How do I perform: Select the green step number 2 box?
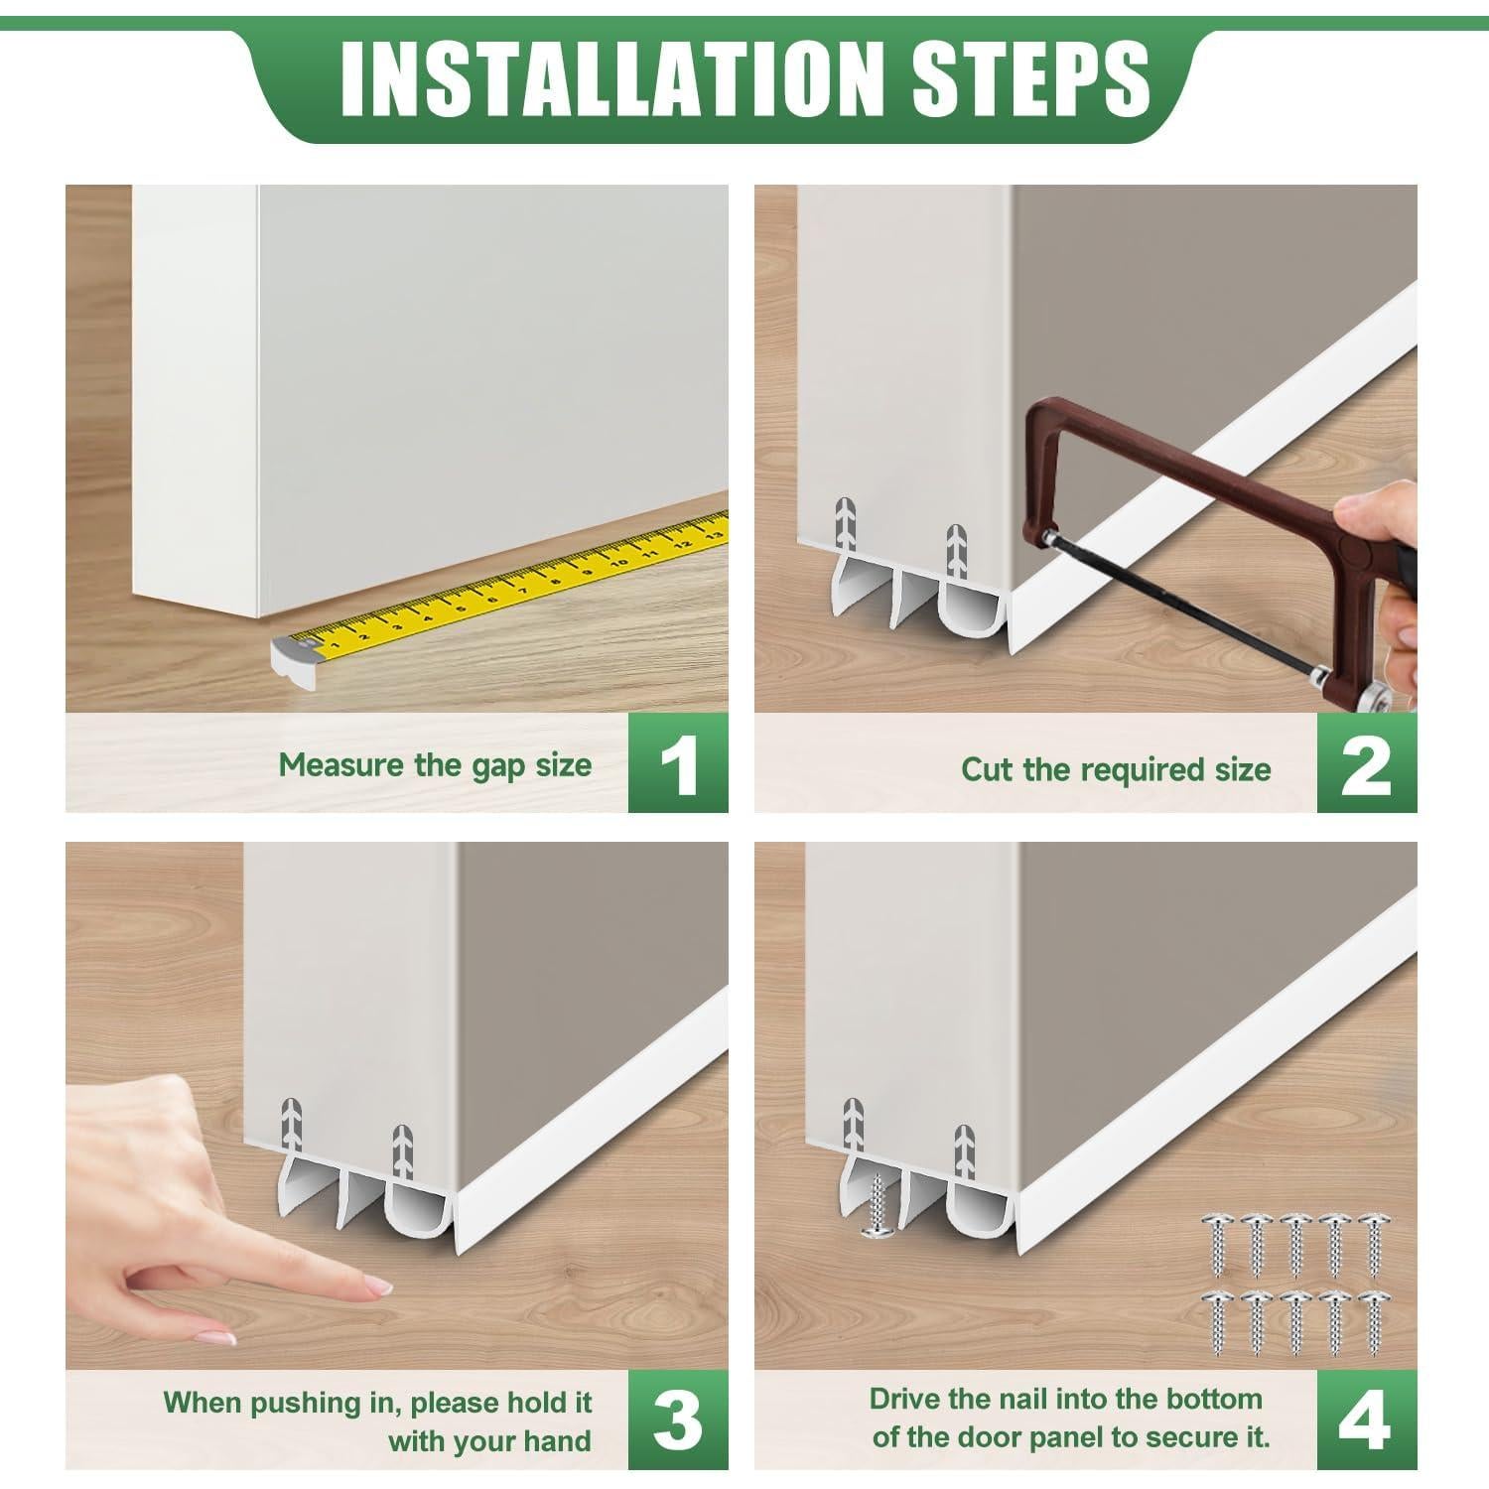[1367, 764]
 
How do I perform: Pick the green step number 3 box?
[678, 1421]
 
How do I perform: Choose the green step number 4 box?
[1367, 1421]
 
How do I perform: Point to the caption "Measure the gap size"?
[435, 765]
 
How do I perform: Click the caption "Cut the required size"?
[1116, 769]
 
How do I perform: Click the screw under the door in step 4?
[875, 1206]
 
